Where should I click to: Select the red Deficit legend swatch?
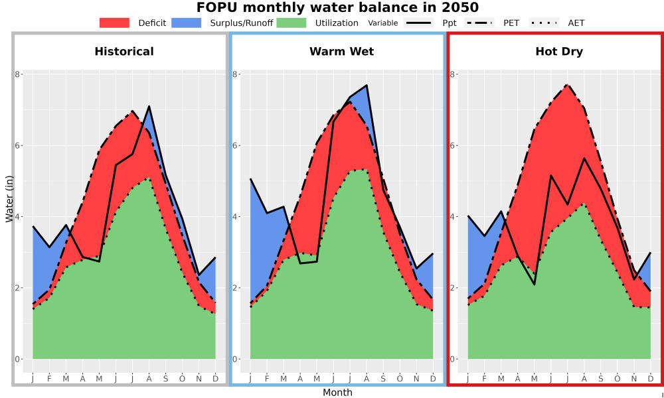point(114,23)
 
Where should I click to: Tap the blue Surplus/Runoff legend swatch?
point(187,23)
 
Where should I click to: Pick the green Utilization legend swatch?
point(291,23)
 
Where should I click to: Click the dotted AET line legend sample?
point(544,23)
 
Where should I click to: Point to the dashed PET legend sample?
point(479,23)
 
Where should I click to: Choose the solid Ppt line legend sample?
point(418,23)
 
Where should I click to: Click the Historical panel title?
point(124,52)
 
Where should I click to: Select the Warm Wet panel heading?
point(342,52)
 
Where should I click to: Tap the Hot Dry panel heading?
point(559,52)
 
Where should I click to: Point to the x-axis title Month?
point(337,393)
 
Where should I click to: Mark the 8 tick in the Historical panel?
point(17,74)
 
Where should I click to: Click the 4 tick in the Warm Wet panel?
point(235,216)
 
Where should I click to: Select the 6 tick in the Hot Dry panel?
point(453,145)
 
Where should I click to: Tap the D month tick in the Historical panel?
point(216,379)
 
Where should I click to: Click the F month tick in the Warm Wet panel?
point(267,379)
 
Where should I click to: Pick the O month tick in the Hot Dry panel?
point(617,379)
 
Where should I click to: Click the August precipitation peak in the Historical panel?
point(149,106)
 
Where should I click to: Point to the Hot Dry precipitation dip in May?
point(535,284)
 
